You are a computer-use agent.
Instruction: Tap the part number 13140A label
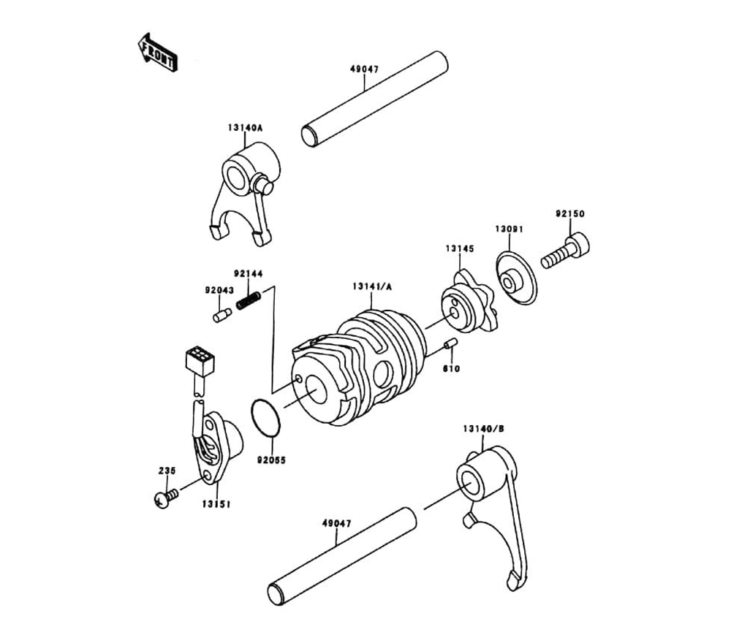coord(245,127)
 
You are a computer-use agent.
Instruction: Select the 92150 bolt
coord(565,252)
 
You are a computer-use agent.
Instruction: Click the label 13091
coord(509,229)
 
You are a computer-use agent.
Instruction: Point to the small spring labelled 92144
coord(249,300)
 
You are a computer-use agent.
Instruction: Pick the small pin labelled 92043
coord(222,315)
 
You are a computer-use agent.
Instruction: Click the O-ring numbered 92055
coord(266,417)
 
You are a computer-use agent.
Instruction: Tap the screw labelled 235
coord(166,499)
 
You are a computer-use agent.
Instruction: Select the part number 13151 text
coord(216,504)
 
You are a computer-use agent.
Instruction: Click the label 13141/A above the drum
coord(372,286)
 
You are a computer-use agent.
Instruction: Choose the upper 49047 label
coord(365,69)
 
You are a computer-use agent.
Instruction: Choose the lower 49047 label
coord(336,524)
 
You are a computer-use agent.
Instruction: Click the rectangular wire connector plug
coord(200,361)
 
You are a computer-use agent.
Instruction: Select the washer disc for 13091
coord(516,278)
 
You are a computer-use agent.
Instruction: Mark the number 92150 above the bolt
coord(569,214)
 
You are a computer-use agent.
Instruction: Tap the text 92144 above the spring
coord(248,274)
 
